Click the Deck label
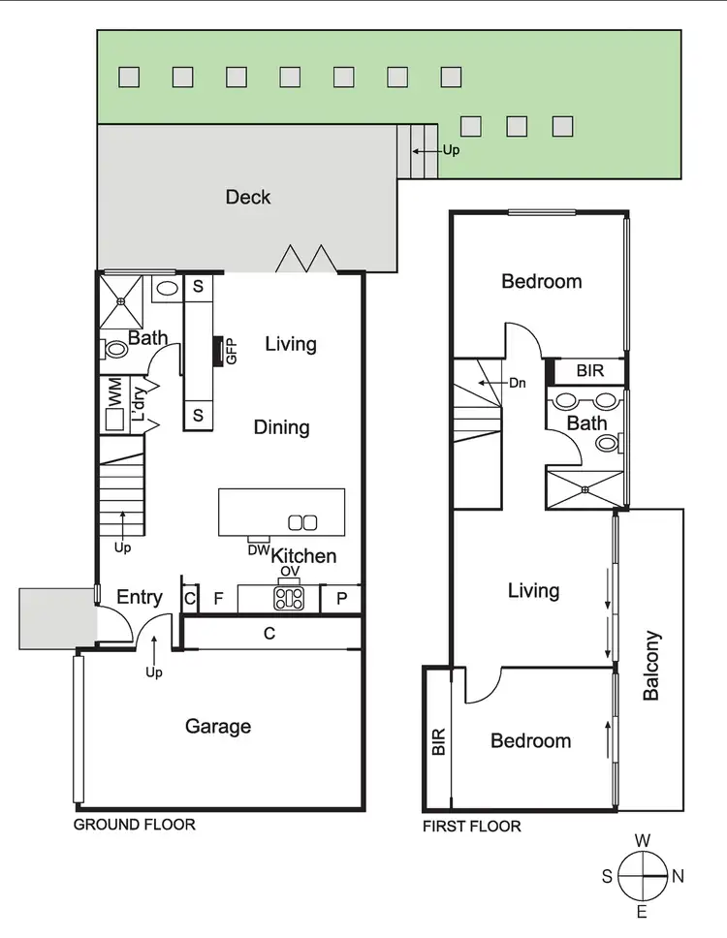point(248,198)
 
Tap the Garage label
point(218,726)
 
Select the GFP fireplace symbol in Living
point(230,351)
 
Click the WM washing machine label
point(114,393)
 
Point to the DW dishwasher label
point(259,549)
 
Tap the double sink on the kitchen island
point(302,523)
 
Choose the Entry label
point(140,597)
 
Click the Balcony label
point(651,666)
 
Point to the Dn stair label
point(517,383)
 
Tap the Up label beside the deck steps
point(452,151)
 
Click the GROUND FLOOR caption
point(135,825)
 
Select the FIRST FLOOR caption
point(472,827)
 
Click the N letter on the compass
point(679,876)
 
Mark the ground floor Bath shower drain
point(122,301)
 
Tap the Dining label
point(282,427)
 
